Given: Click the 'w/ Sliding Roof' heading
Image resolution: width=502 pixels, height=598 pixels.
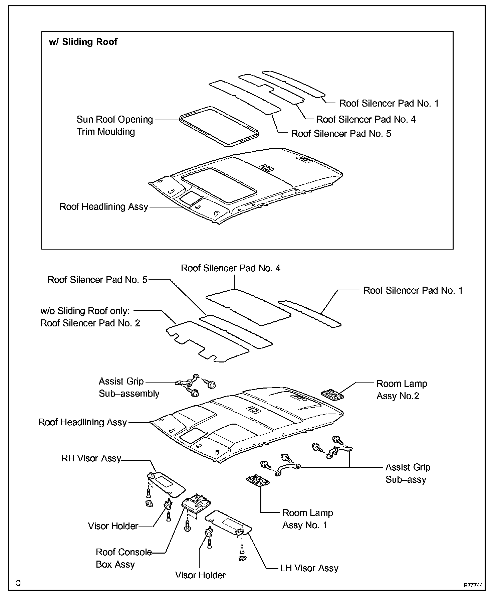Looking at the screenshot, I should (83, 42).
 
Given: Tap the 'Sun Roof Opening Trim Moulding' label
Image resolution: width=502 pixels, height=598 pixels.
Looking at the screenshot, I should (114, 125).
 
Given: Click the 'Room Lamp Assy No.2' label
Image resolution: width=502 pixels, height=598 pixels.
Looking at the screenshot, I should (402, 390).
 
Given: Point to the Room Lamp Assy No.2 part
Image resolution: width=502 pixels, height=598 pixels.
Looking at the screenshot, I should (333, 395).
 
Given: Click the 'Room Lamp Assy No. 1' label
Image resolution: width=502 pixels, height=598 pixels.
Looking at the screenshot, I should (307, 519).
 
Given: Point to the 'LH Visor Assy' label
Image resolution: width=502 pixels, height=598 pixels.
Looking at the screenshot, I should (309, 568).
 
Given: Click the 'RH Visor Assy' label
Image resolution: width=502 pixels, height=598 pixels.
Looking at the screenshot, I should (91, 458).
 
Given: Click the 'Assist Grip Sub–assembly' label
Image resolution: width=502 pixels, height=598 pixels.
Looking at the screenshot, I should (129, 387).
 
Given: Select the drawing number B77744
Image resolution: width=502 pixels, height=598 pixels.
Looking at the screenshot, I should (473, 585).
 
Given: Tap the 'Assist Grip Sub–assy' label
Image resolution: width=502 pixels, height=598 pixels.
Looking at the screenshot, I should (408, 473).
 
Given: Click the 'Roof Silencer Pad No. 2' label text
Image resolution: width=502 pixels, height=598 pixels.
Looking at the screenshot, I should (90, 323).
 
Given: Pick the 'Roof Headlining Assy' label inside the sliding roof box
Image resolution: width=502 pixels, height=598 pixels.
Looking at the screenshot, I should (103, 207).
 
